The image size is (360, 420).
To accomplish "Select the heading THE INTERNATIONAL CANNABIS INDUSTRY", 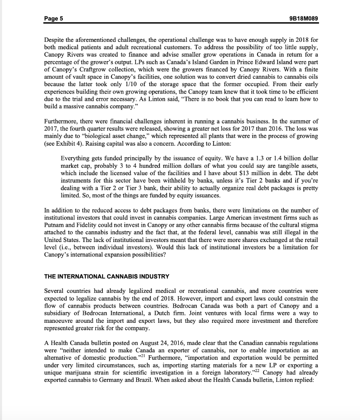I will (x=107, y=276).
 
